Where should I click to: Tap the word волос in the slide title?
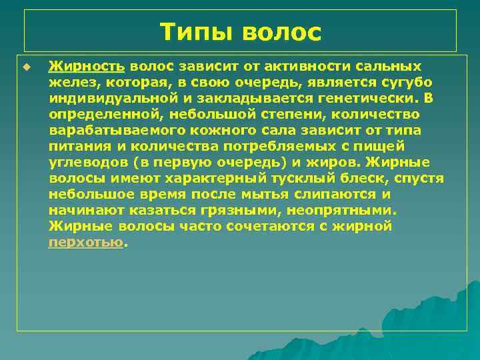tap(282, 32)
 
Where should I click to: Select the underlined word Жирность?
tap(87, 67)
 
